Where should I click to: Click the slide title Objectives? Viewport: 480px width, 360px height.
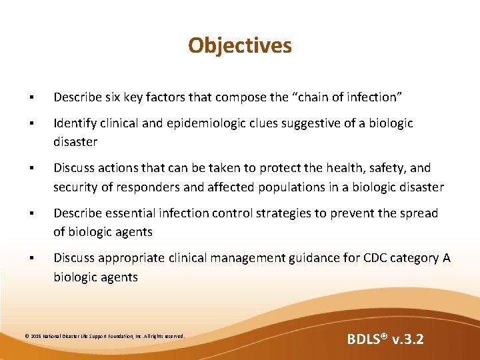[240, 45]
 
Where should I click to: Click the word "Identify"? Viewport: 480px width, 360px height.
[75, 123]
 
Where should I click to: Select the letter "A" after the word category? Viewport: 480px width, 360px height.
[447, 258]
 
